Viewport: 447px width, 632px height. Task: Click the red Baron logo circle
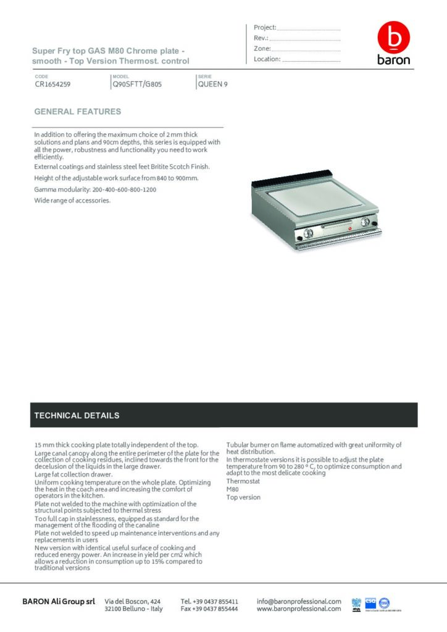tap(393, 39)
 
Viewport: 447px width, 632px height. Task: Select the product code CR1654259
tap(52, 85)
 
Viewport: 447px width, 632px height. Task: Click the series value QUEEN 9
tap(212, 85)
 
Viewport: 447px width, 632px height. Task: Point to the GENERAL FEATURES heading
tap(77, 112)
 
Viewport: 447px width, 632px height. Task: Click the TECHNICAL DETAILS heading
tap(77, 415)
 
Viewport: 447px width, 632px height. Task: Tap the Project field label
tap(265, 28)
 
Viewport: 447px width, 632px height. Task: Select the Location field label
tap(267, 59)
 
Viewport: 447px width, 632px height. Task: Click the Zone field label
tap(262, 49)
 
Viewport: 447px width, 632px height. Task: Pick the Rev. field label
tap(260, 38)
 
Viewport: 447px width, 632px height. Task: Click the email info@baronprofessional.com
tap(299, 601)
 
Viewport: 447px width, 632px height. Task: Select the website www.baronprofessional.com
tap(299, 609)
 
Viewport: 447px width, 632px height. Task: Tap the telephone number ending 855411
tap(209, 601)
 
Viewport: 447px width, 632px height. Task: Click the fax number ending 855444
tap(209, 609)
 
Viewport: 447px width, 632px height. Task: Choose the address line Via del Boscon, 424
tap(133, 601)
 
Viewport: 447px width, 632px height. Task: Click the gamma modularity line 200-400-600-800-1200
tap(95, 189)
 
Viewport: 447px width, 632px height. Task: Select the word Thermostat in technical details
tap(243, 481)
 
